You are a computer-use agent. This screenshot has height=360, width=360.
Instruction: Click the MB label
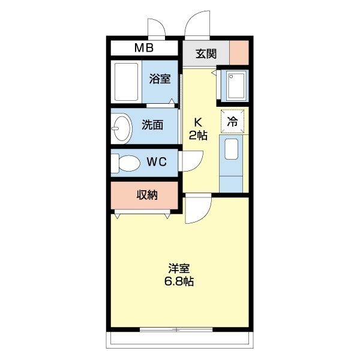pos(144,48)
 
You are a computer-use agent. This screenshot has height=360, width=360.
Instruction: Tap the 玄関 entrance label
pos(206,54)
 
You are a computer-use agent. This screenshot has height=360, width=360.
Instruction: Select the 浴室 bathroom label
pos(160,79)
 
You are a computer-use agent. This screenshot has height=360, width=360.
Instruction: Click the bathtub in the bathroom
pos(126,82)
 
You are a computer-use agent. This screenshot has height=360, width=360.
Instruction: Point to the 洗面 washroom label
pos(152,125)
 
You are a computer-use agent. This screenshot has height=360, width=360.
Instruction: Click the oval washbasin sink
pos(122,128)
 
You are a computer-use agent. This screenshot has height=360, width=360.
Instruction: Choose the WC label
pos(157,162)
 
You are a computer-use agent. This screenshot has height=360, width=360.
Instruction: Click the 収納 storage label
pos(147,195)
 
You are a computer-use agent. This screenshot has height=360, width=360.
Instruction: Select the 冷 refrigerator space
pos(232,121)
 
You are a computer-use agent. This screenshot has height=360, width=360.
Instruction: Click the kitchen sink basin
pos(231,149)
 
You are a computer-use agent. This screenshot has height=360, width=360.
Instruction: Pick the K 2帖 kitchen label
pos(198,129)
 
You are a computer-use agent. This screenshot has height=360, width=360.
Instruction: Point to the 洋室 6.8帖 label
pos(179,275)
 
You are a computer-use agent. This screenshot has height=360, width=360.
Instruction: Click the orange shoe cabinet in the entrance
pos(239,53)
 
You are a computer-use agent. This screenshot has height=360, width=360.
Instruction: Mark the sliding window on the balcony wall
pos(176,330)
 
